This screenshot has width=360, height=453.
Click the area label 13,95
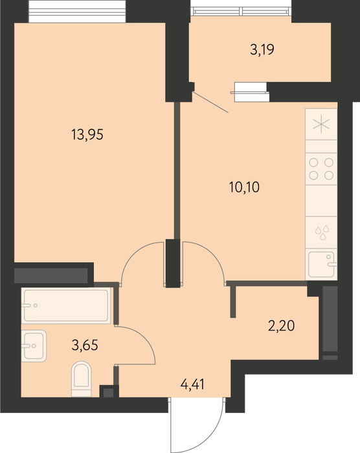[87, 135]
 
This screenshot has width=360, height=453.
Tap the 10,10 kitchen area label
[244, 187]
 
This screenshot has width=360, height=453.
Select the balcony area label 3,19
[262, 49]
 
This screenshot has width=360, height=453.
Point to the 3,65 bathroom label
[85, 345]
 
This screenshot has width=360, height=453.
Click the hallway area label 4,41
[192, 384]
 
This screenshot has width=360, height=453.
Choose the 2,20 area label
[282, 326]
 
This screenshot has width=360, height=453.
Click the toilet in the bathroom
[81, 379]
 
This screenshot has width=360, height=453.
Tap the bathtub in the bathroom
[66, 305]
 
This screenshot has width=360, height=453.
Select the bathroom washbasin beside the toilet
[34, 346]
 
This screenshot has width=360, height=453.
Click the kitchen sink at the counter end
[322, 264]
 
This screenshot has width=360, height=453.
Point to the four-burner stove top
[321, 169]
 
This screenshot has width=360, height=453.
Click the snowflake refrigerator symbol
[321, 124]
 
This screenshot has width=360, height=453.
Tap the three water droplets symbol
[322, 232]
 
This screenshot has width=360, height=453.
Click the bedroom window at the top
[77, 12]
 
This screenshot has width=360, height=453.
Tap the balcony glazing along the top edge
[241, 11]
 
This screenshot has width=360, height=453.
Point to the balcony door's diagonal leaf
[210, 102]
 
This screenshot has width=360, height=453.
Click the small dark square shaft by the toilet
[108, 392]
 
